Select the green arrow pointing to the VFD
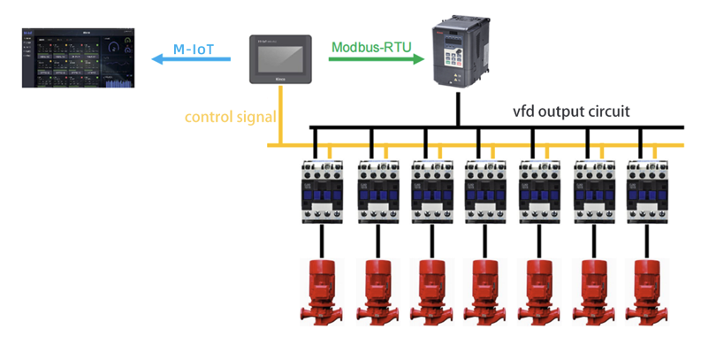(x=371, y=60)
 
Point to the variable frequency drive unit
(x=458, y=53)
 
